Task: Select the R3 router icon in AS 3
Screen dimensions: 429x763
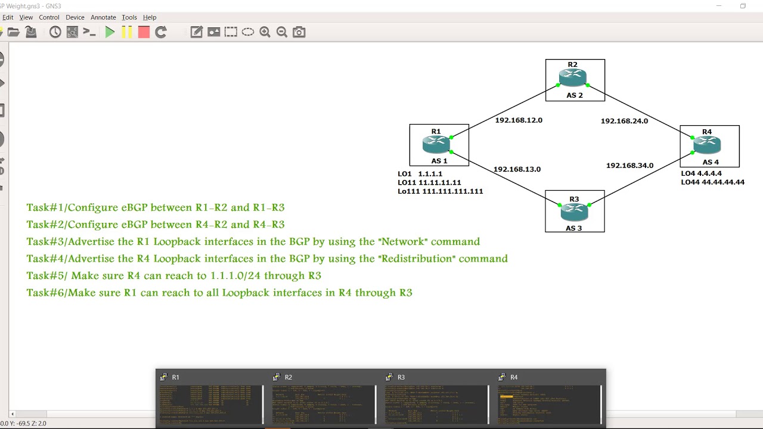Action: click(574, 210)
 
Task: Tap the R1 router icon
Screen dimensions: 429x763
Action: click(436, 144)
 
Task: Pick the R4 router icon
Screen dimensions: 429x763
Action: click(707, 144)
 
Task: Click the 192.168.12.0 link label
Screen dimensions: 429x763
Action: click(519, 120)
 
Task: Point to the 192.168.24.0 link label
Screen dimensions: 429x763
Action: click(624, 121)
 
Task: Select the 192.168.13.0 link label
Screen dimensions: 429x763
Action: click(517, 169)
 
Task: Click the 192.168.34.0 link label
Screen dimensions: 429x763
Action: click(629, 166)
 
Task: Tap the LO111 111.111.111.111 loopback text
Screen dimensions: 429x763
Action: click(441, 191)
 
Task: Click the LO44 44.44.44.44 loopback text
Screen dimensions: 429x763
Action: click(713, 182)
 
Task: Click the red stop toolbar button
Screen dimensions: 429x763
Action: click(144, 32)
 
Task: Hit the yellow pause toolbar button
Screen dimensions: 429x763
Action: click(127, 32)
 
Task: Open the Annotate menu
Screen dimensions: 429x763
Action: click(103, 17)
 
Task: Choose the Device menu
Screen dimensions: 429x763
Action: click(75, 17)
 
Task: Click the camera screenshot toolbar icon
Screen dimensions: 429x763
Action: click(299, 32)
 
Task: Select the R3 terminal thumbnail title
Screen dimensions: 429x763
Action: click(401, 377)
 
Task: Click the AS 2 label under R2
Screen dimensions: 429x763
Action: click(575, 95)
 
